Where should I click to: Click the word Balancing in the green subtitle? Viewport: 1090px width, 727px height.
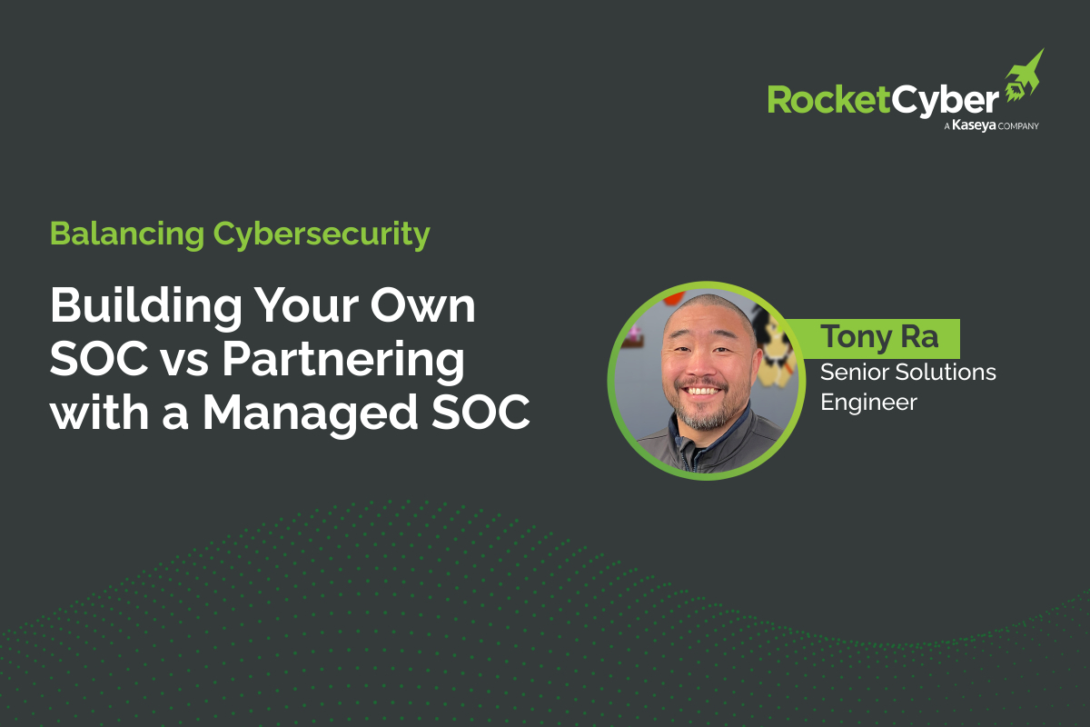point(127,234)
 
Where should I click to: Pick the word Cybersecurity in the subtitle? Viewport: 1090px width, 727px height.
point(322,234)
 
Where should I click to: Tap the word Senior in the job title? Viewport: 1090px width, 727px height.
point(851,373)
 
